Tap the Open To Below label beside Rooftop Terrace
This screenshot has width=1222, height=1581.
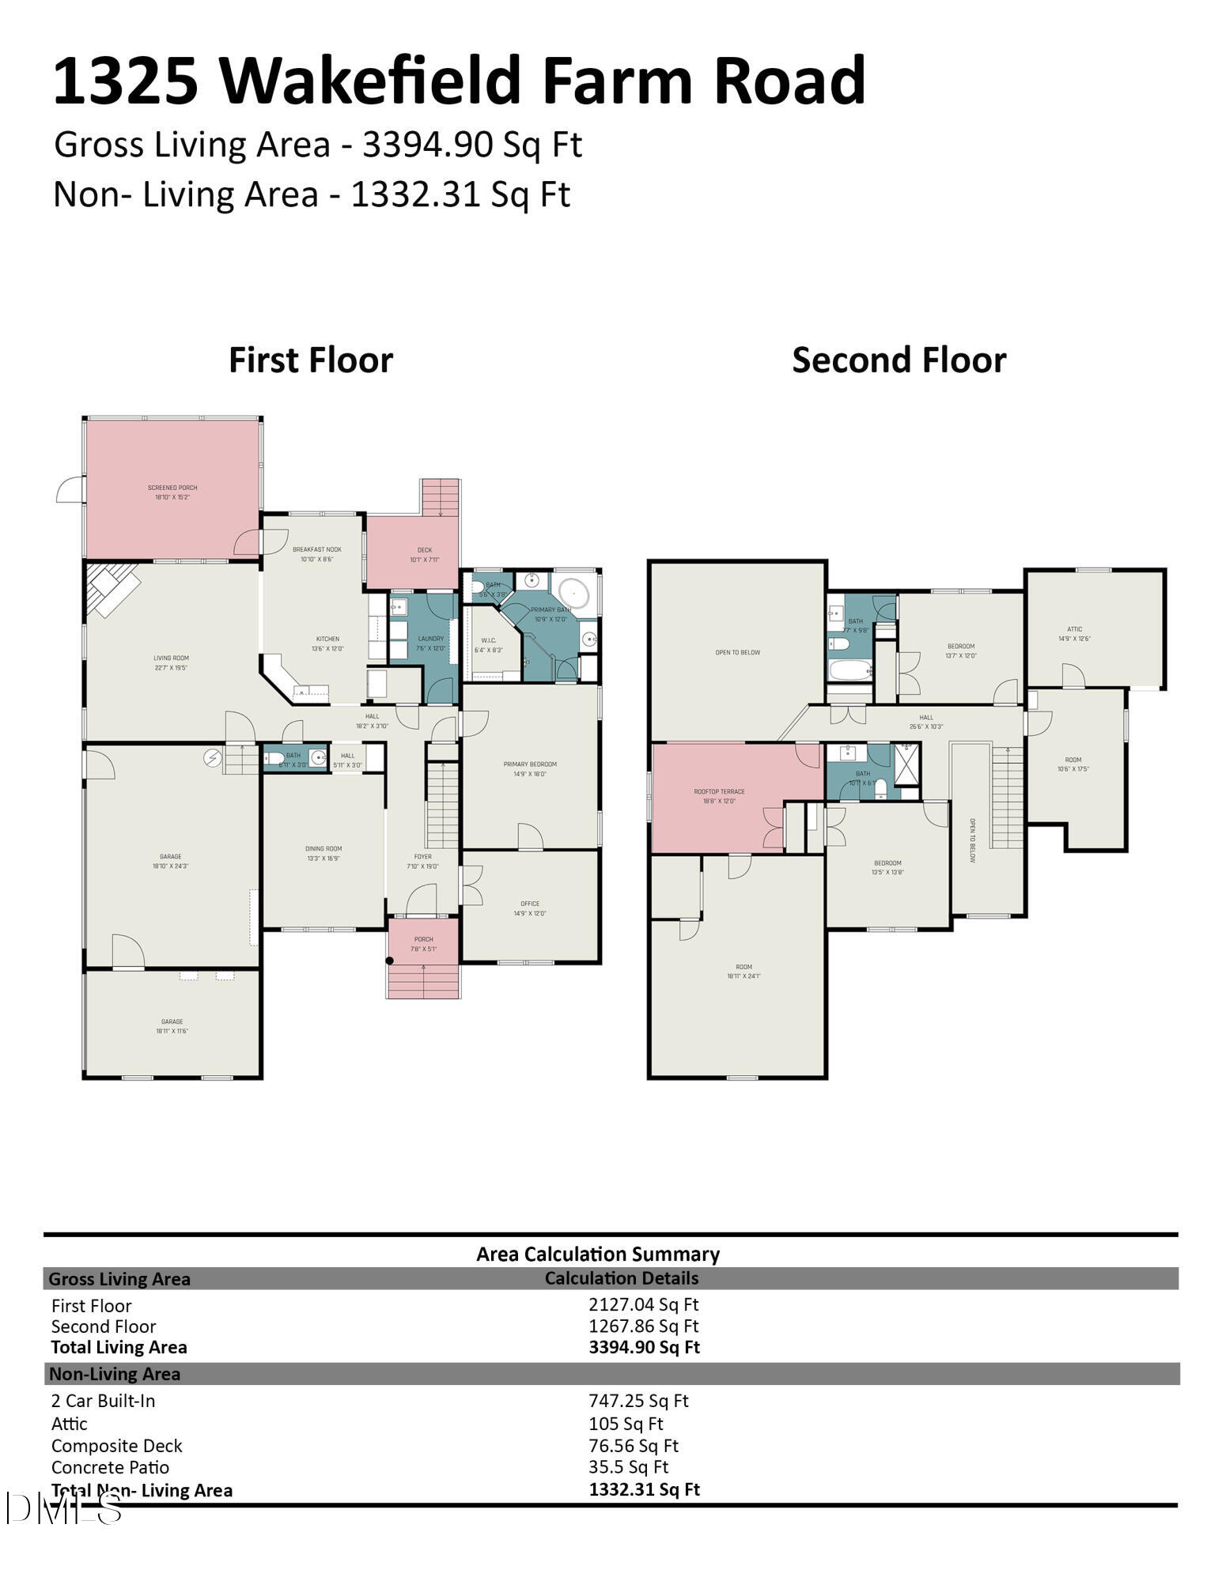click(737, 652)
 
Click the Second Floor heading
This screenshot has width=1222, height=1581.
click(899, 360)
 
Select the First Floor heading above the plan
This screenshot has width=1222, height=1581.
click(311, 360)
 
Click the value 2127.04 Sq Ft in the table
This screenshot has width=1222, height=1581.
click(643, 1304)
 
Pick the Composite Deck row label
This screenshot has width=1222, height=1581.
click(116, 1446)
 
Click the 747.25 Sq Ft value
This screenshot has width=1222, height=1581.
click(638, 1401)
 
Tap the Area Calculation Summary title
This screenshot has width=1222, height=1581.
click(597, 1254)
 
